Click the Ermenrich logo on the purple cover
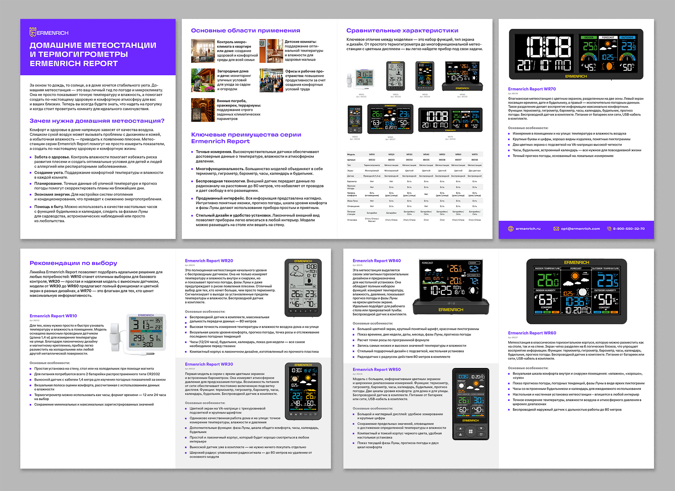coord(49,32)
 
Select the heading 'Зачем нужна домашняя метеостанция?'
coord(97,121)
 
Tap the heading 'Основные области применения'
coord(245,31)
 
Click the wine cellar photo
coord(203,110)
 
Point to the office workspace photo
coord(271,80)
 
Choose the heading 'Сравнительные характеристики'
coord(402,31)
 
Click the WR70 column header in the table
coord(474,154)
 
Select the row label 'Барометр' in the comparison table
coord(352,181)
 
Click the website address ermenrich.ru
coord(528,229)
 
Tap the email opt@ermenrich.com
coord(580,229)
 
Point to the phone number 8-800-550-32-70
coord(629,229)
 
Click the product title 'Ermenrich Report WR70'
coord(532,89)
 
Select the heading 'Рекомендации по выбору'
coord(73,263)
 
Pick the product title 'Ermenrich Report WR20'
coord(209,261)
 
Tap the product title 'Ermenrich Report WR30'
coord(209,364)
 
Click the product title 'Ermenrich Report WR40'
coord(377,261)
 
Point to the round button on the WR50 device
coord(471,431)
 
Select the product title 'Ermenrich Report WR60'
coord(532,333)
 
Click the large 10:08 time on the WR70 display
coord(549,46)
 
